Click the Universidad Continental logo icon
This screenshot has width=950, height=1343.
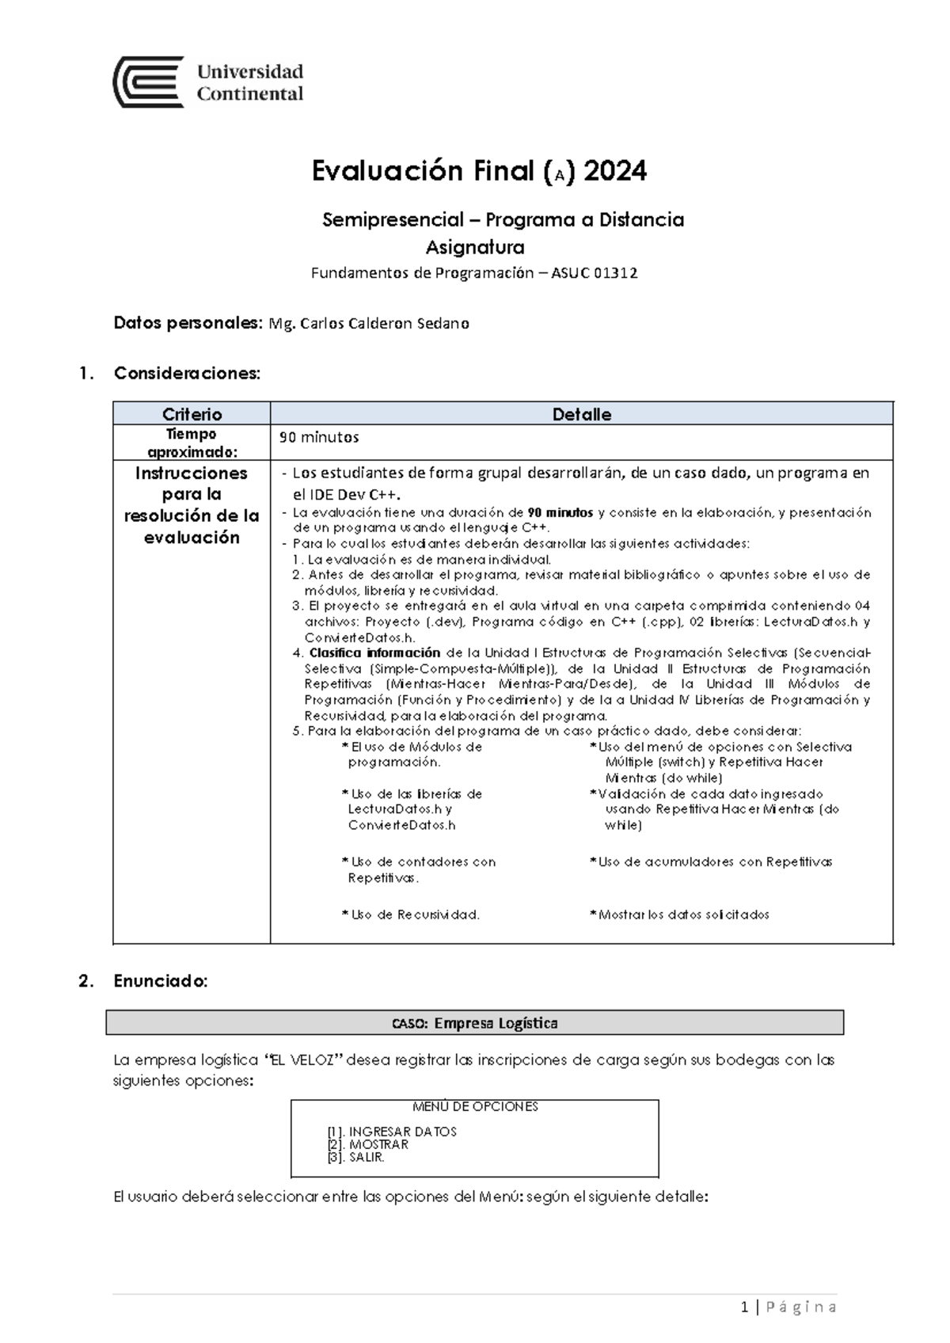coord(149,82)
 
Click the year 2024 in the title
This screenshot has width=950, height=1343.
coord(614,171)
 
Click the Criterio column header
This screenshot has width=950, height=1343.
coord(192,414)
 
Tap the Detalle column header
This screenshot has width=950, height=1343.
coord(581,414)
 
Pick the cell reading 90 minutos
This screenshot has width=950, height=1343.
coord(319,437)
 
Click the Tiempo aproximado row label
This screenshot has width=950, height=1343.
coord(192,443)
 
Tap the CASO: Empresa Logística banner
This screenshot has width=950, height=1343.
coord(474,1023)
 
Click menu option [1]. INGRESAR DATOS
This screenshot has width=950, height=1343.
coord(392,1132)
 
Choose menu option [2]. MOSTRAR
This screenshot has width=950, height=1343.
coord(367,1144)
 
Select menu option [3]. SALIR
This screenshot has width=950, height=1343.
coord(355,1157)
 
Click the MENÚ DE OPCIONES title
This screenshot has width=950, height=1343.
coord(475,1107)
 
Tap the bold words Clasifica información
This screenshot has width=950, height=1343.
coord(374,653)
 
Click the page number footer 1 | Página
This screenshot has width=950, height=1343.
coord(788,1307)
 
